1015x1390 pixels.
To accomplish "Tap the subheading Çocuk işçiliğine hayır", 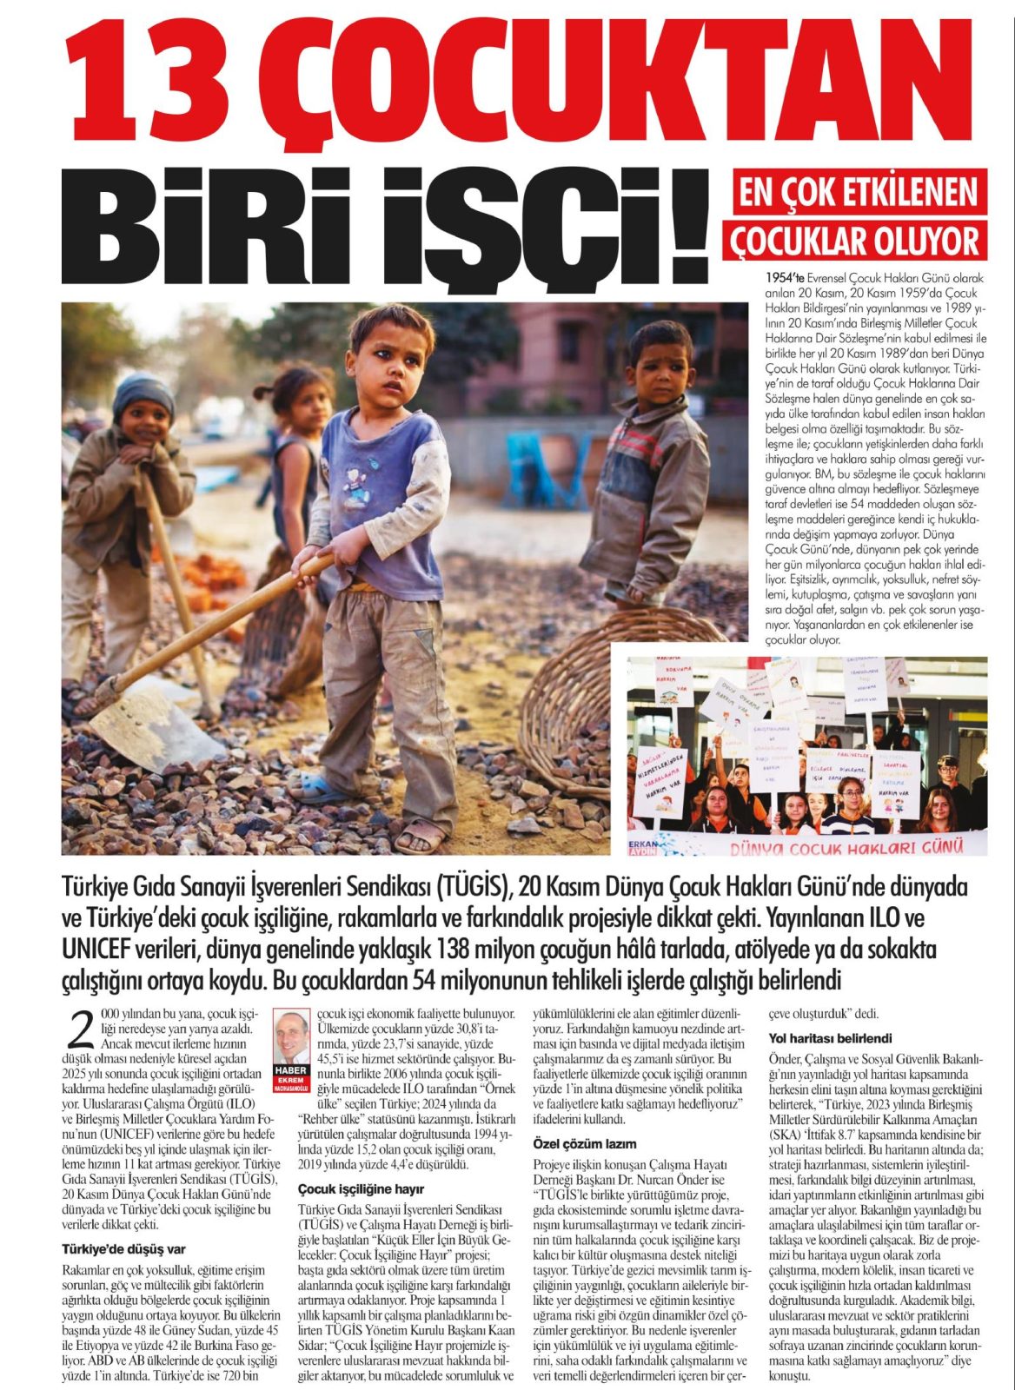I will coord(349,1188).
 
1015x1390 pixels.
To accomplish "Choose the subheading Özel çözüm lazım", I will coord(584,1143).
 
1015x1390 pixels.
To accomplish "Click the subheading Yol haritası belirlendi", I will coord(830,1038).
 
